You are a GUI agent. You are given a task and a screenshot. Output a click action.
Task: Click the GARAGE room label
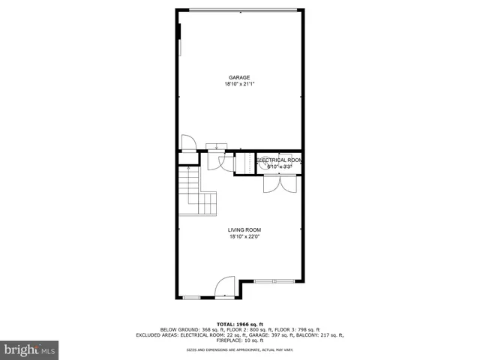(239, 77)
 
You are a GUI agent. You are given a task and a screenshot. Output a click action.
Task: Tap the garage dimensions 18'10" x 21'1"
(239, 84)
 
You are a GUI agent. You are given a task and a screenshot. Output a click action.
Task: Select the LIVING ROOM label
(244, 230)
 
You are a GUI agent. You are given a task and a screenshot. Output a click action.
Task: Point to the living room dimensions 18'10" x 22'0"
(244, 237)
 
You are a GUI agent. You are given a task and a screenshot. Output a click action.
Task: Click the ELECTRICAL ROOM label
(280, 160)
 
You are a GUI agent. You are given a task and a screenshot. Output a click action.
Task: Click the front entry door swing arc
(225, 287)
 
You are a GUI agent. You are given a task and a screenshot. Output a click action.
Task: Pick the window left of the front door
(191, 298)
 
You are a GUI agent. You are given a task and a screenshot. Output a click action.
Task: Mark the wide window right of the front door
(274, 282)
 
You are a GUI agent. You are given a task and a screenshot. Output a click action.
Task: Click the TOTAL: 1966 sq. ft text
(239, 324)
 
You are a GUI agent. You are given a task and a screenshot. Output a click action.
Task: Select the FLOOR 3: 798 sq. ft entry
(294, 330)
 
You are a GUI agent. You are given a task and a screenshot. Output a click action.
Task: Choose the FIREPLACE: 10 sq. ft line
(239, 340)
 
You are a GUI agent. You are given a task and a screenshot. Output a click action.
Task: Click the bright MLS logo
(29, 349)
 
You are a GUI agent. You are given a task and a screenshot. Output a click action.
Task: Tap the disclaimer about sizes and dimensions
(239, 350)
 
